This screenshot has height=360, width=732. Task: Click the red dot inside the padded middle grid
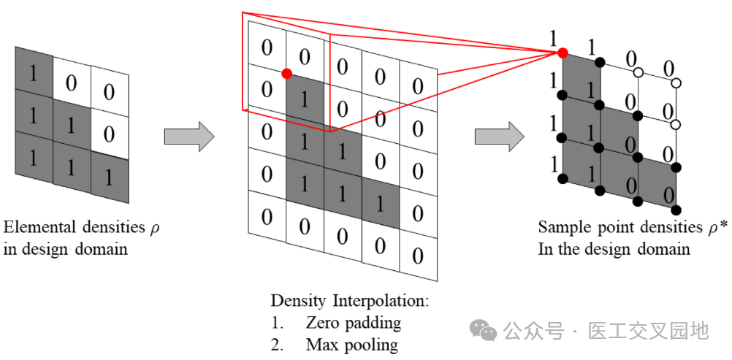point(287,73)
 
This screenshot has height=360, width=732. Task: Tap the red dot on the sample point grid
point(563,53)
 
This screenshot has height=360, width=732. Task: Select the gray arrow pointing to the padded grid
point(189,137)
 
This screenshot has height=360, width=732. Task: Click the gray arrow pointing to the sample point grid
point(500,137)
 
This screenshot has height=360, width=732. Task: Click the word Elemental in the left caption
point(35,228)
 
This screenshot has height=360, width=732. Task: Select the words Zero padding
point(354,323)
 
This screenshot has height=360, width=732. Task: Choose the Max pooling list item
point(335,345)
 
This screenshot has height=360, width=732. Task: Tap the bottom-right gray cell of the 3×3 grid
point(110,178)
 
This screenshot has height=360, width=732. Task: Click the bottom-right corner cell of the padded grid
point(419,256)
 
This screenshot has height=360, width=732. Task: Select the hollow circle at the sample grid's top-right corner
point(676,83)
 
